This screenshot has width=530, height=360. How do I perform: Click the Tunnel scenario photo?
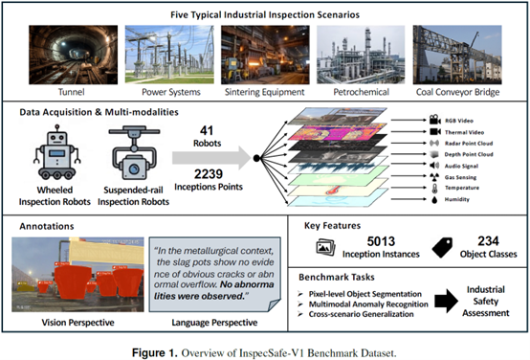74,55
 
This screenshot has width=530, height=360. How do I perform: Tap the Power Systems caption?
171,92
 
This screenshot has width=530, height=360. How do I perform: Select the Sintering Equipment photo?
265,55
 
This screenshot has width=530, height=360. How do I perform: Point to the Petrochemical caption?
361,92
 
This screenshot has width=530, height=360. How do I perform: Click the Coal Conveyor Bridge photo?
457,55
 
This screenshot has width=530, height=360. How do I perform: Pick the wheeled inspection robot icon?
57,152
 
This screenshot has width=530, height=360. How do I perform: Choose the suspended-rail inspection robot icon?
134,152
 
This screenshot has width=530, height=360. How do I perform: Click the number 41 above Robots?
207,130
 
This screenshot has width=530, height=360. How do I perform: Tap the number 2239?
209,174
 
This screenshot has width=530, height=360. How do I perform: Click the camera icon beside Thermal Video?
435,131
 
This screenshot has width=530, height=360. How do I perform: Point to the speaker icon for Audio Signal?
434,166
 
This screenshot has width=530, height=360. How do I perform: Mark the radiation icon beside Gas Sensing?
434,176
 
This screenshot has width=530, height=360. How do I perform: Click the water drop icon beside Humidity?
434,199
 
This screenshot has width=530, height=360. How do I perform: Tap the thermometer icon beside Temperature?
434,188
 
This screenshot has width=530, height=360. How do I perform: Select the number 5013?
381,241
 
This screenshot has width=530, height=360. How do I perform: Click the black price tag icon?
442,247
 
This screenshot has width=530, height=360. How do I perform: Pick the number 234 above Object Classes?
488,241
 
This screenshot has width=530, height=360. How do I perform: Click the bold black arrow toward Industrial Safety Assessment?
446,301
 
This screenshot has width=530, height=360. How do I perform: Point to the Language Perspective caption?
214,323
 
